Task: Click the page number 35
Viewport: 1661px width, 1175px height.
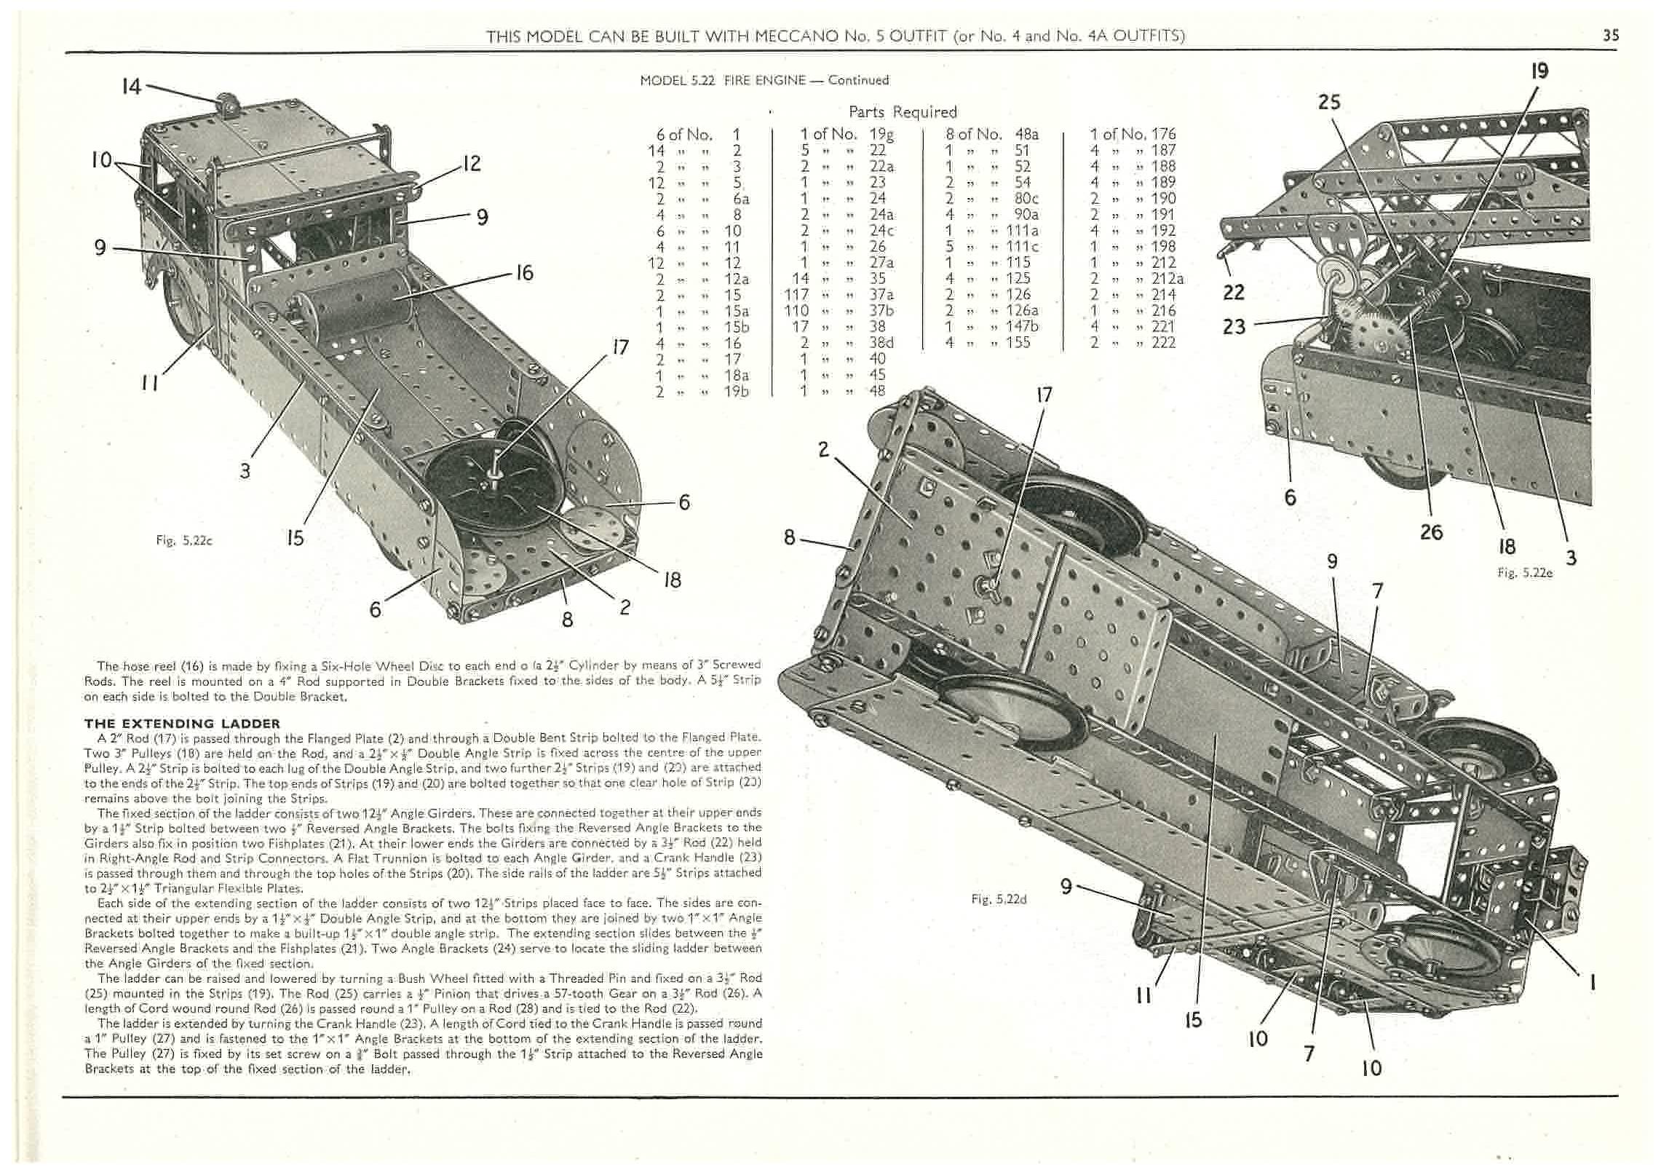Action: pos(1610,35)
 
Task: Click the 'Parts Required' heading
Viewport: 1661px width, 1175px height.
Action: pos(903,112)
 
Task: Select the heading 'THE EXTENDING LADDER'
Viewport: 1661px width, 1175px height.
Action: pos(182,724)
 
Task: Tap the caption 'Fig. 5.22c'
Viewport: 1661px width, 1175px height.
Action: pos(183,540)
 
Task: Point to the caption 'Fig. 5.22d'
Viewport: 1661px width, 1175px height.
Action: pos(999,899)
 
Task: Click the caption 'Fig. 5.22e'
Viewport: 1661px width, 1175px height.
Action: pos(1525,573)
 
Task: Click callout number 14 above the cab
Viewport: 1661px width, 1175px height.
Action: pos(132,87)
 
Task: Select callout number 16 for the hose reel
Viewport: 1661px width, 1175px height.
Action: pos(524,273)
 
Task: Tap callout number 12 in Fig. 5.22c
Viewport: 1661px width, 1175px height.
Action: pos(472,163)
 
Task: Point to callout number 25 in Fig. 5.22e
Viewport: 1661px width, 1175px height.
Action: pos(1329,102)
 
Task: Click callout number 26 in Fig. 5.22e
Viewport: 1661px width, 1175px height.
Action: pos(1431,532)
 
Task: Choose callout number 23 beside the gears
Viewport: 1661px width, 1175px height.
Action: pos(1234,326)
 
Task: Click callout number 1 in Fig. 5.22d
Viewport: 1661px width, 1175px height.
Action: pos(1593,983)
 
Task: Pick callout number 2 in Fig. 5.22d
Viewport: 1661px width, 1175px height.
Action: pos(823,450)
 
